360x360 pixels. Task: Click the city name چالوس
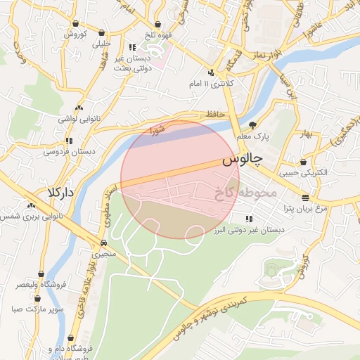[241, 161]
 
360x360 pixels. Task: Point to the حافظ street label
[214, 114]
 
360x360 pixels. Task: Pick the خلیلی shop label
[103, 44]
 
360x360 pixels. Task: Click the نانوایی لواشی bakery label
[79, 120]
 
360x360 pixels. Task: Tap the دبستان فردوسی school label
[69, 151]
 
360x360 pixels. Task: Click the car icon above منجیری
[104, 241]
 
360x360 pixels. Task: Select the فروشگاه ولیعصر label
[41, 285]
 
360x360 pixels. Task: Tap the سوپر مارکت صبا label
[38, 309]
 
